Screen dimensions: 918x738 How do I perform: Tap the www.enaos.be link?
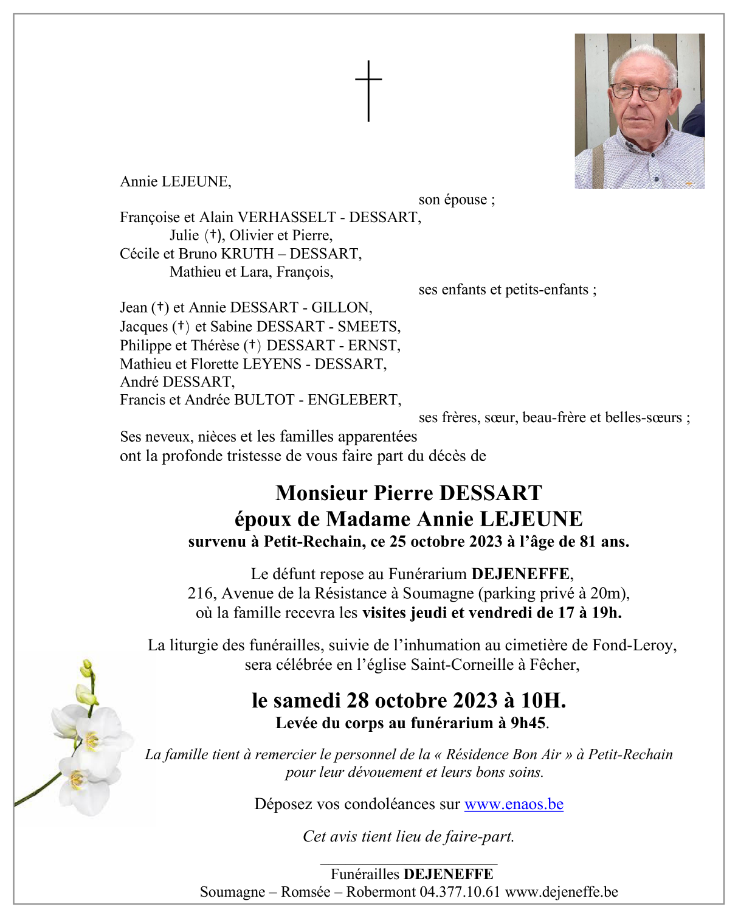514,804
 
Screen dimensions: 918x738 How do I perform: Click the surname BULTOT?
264,400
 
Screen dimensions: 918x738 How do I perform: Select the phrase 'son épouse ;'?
457,200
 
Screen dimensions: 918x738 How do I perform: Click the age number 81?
587,541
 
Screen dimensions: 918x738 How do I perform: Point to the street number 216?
201,593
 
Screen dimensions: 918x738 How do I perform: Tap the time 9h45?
528,723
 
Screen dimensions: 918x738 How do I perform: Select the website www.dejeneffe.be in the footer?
562,892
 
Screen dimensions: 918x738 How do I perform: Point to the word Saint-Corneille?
462,664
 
